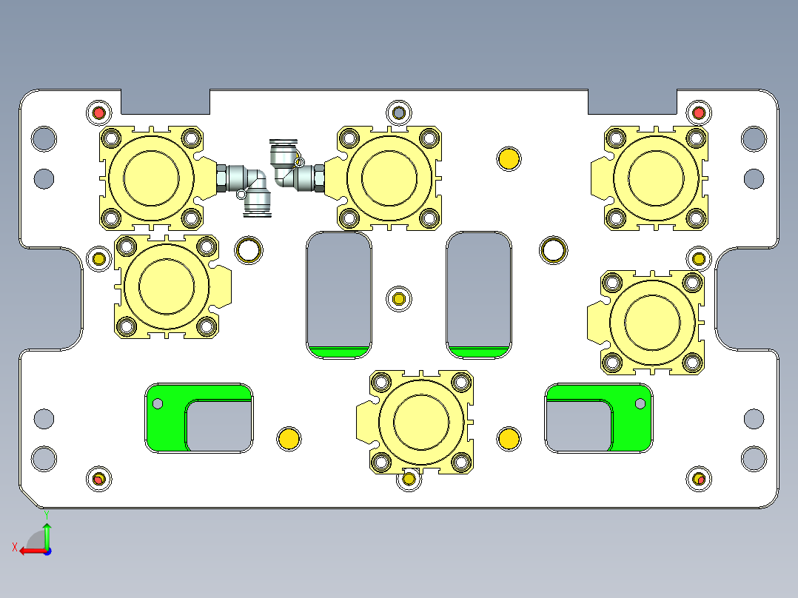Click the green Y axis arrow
coord(47,533)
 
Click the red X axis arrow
coord(30,551)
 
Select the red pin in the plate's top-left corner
coord(98,113)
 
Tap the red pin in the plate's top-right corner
coord(698,113)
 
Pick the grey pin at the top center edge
coord(400,112)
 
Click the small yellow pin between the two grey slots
coord(399,299)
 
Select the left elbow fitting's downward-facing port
coord(258,208)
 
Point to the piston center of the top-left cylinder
coord(151,178)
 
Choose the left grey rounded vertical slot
coord(339,289)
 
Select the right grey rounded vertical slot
coord(478,289)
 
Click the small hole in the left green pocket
coord(157,403)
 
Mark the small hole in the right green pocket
coord(640,403)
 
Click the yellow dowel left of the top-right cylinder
coord(508,158)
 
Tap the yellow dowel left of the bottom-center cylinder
coord(288,438)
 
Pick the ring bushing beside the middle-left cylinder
coord(249,250)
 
